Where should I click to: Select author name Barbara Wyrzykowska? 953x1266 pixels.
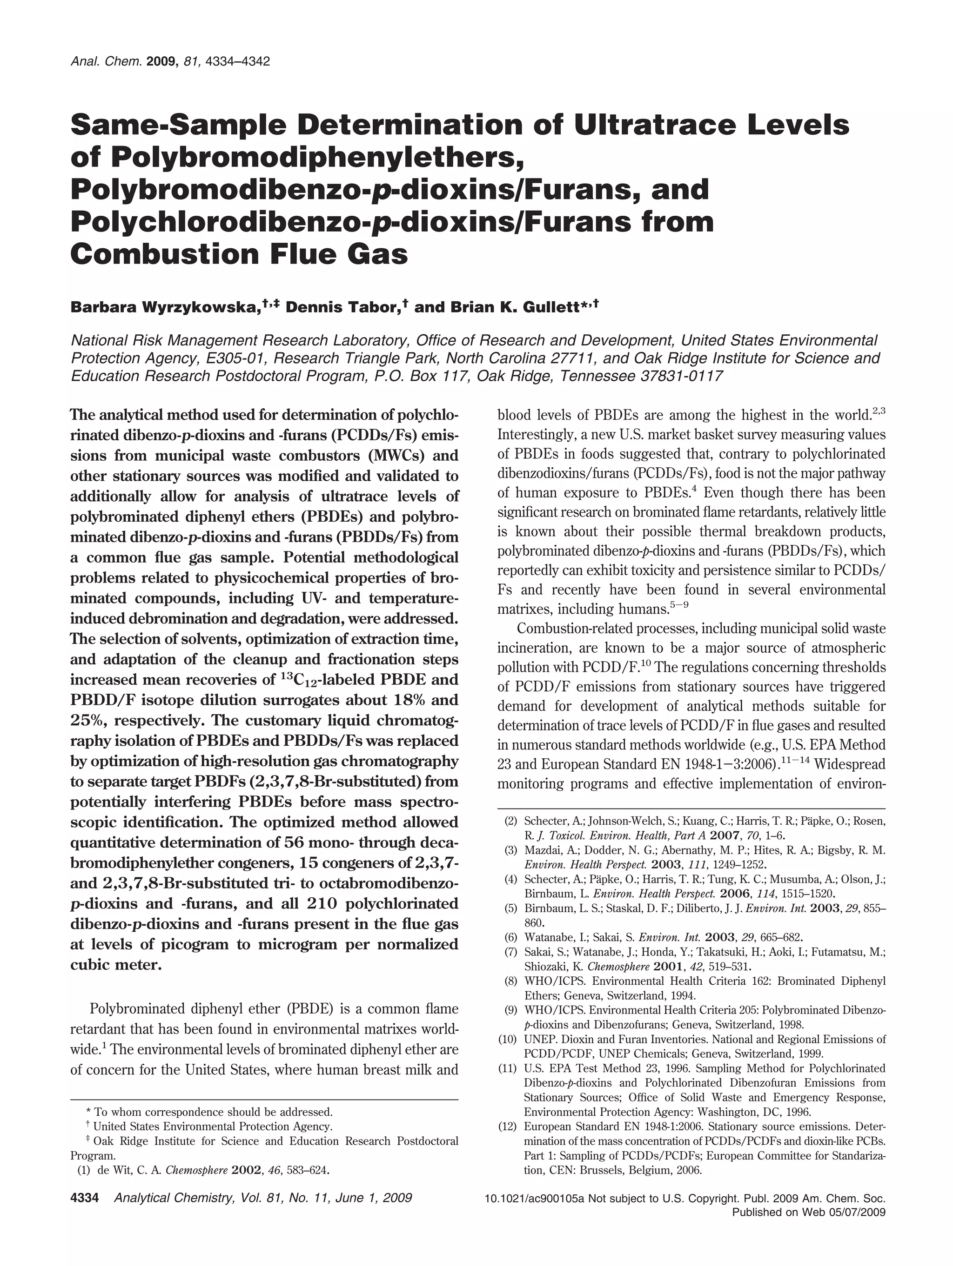click(166, 307)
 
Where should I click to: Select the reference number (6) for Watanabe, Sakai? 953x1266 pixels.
click(511, 937)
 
